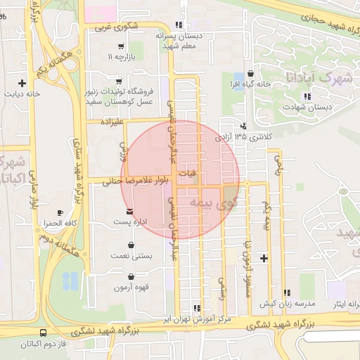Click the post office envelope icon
(128, 212)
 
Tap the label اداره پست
(131, 222)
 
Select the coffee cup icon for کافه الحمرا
(60, 212)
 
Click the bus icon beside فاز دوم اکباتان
(44, 333)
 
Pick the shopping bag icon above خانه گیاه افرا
(250, 73)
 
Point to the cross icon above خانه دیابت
(23, 82)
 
